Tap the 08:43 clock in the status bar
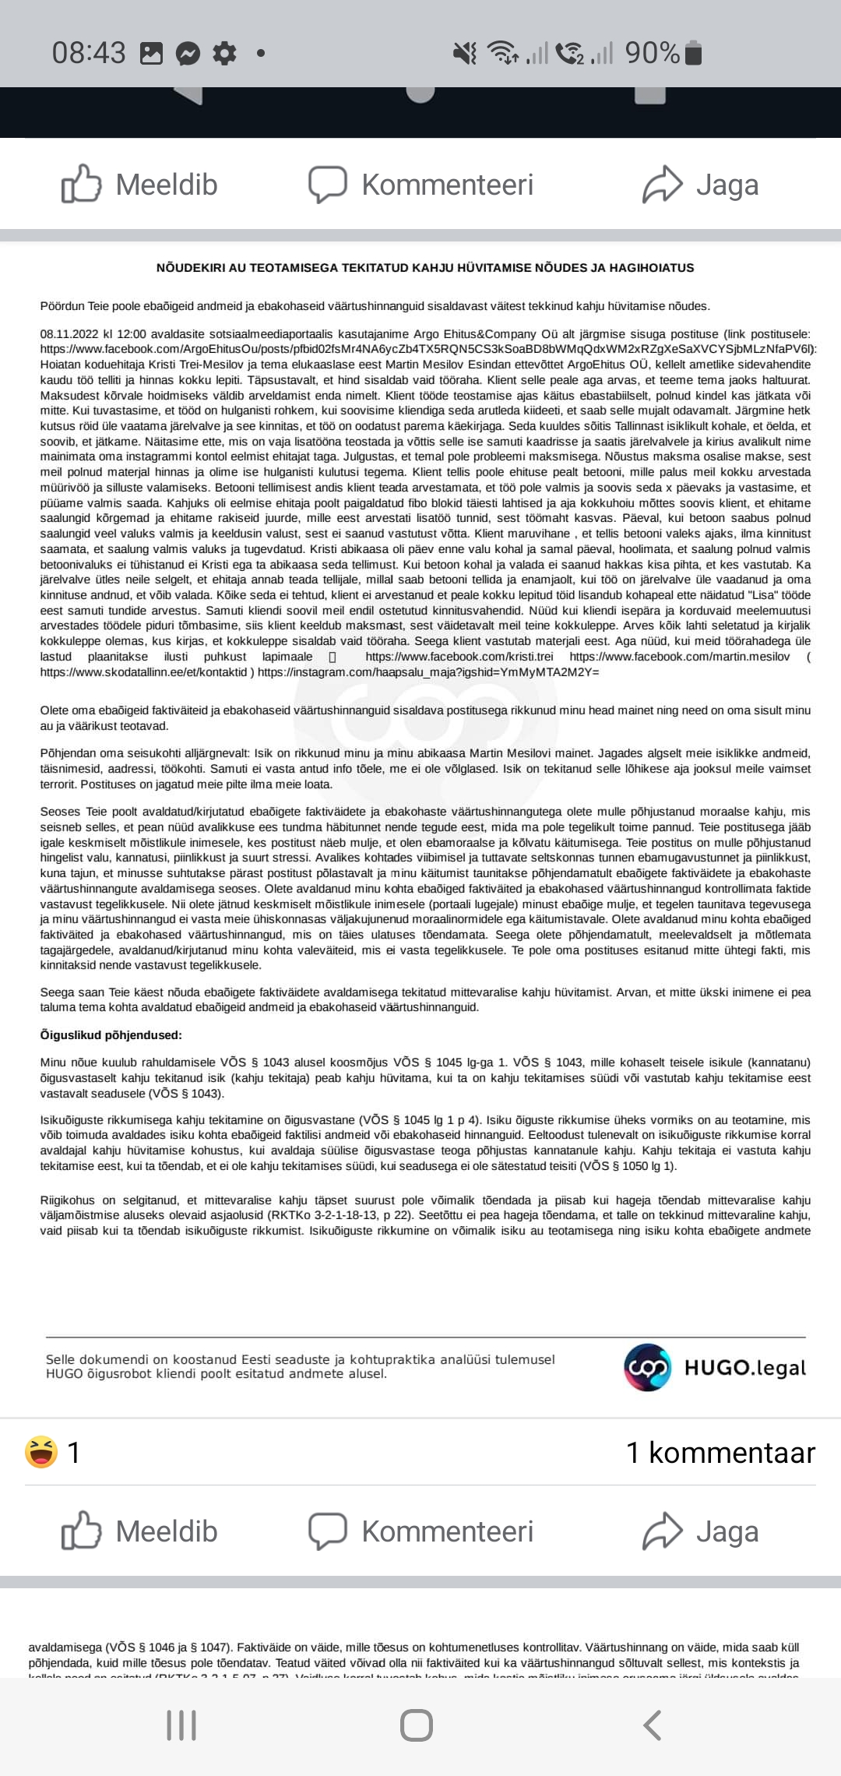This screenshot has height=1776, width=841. click(89, 53)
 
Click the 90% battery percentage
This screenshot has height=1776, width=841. click(653, 53)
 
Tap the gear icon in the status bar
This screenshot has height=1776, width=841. click(224, 54)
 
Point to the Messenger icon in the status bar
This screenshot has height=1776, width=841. click(188, 54)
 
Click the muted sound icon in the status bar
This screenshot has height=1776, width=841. click(465, 53)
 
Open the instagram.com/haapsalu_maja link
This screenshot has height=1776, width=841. click(428, 672)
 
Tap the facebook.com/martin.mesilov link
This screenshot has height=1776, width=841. click(679, 657)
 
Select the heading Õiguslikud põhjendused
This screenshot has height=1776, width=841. click(111, 1035)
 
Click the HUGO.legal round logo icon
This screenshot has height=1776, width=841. click(647, 1367)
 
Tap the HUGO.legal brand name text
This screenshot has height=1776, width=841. click(744, 1368)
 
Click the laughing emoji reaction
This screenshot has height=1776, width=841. click(41, 1453)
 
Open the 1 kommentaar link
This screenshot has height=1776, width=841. click(720, 1453)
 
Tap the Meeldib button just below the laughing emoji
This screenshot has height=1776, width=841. click(140, 1531)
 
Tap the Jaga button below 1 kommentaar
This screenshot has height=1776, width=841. click(701, 1531)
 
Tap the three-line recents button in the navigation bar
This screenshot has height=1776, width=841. click(181, 1725)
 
